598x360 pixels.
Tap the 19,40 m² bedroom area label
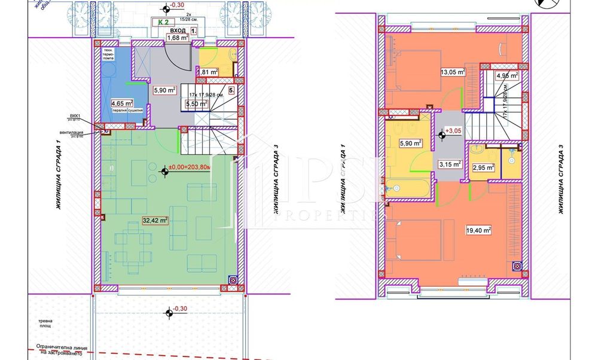point(478,230)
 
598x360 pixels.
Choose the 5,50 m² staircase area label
point(197,104)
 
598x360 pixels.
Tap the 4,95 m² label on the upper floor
point(506,75)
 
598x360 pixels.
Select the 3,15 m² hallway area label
point(450,164)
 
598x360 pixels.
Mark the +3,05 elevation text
point(453,130)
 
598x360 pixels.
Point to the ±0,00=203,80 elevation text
point(189,168)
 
